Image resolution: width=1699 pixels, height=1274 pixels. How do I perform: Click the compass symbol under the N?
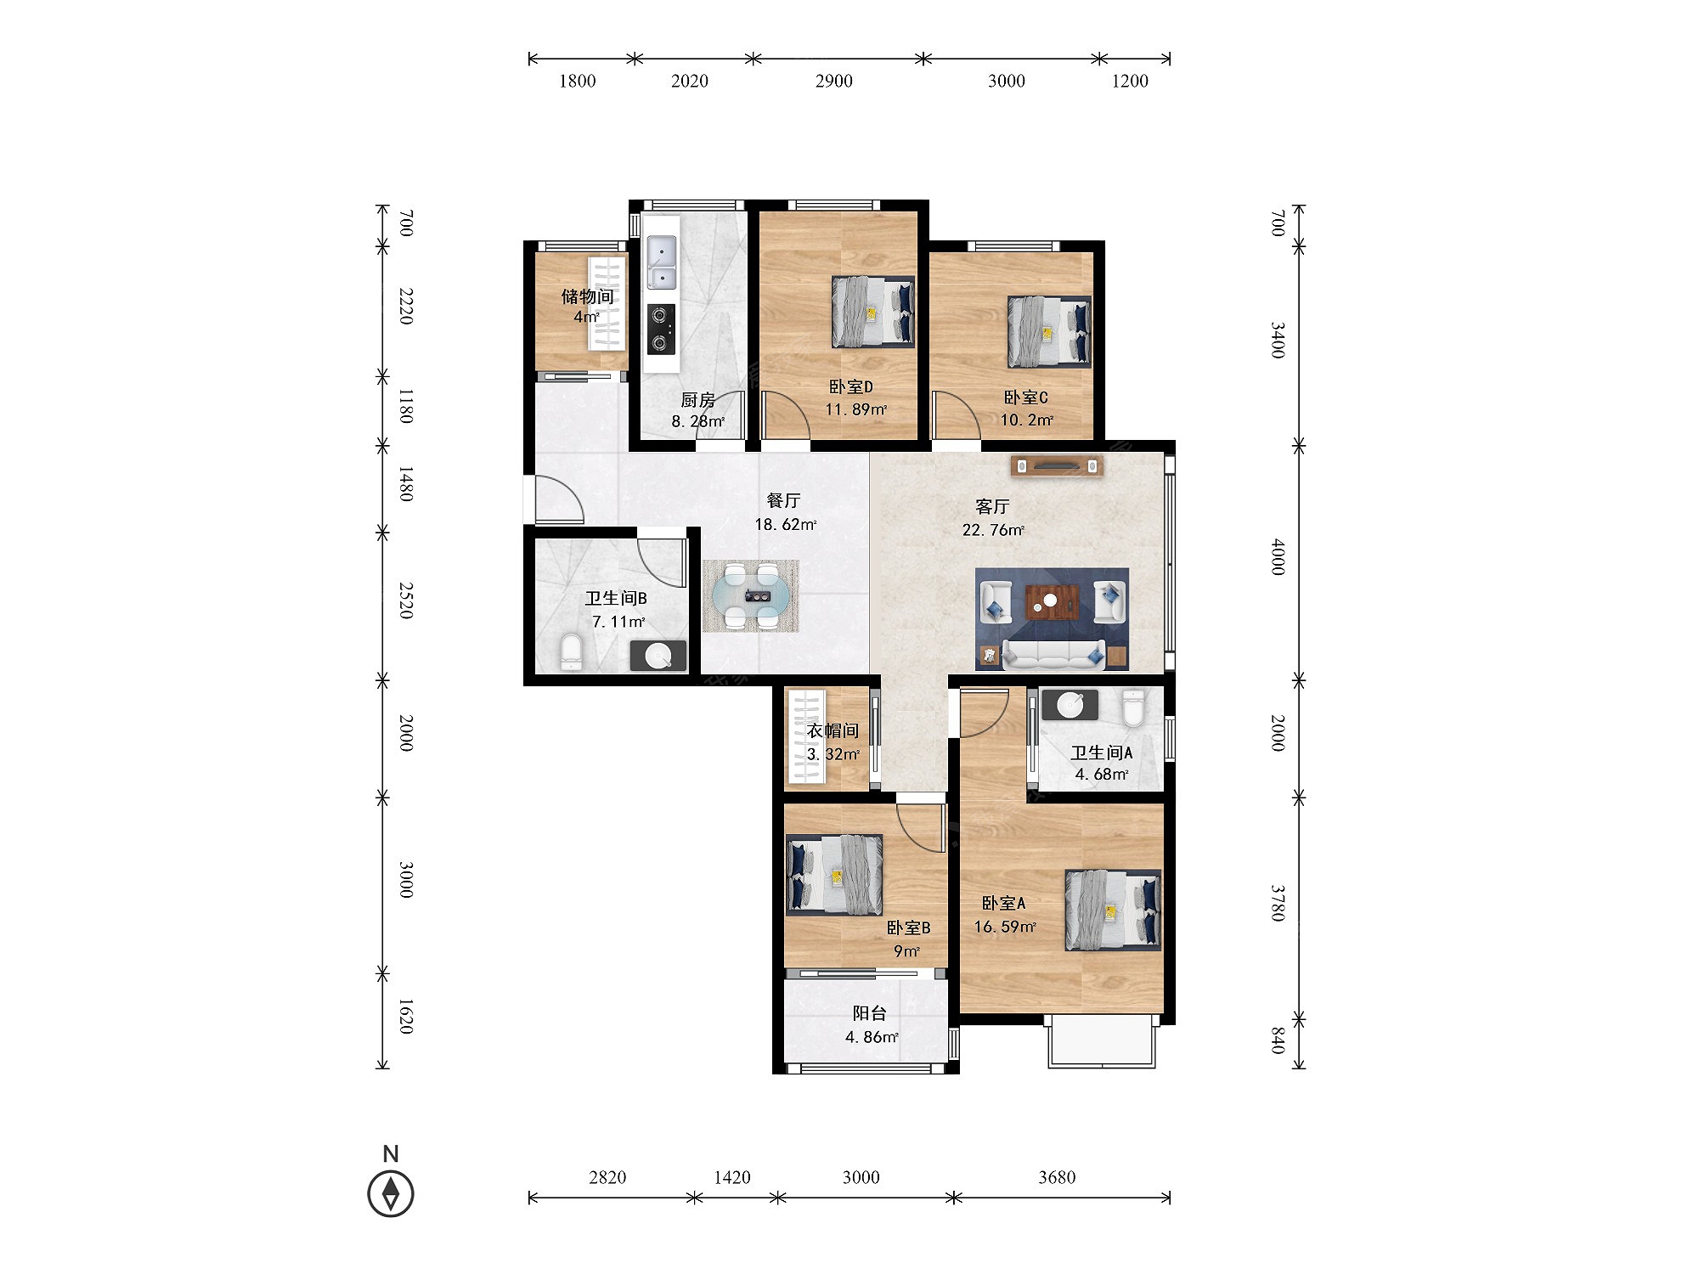pos(391,1193)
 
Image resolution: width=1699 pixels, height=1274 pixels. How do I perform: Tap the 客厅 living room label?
pos(992,507)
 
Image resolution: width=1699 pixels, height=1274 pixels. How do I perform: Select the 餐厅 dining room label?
pos(783,501)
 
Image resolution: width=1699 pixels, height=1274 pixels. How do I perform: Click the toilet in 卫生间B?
pos(572,651)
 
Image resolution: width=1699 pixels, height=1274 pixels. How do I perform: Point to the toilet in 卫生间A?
pos(1133,707)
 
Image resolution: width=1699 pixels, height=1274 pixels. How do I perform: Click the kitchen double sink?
pos(662,263)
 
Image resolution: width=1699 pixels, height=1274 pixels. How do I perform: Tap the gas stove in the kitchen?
pos(661,329)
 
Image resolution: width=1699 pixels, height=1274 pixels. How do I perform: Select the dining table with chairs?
pos(751,595)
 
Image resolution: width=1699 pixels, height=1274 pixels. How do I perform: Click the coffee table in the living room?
pos(1052,602)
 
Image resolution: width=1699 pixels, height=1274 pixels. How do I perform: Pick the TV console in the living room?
pos(1057,465)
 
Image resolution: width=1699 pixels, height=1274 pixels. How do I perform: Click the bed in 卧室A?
pos(1113,910)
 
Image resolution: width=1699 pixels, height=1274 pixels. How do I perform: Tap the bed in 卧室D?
pos(872,312)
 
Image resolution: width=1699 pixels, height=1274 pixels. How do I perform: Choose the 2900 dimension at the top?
pos(834,81)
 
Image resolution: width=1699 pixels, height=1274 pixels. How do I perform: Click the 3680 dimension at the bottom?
pos(1057,1177)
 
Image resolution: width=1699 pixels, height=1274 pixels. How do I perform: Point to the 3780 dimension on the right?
pos(1278,903)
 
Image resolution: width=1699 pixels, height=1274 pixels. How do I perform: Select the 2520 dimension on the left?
pos(407,600)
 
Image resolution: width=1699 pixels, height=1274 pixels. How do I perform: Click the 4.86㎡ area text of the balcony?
pos(872,1037)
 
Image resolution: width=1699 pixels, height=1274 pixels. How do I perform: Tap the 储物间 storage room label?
pos(587,296)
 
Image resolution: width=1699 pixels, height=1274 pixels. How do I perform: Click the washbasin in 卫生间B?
pos(658,656)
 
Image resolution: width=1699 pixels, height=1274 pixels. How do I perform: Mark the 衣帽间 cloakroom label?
pos(833,730)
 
